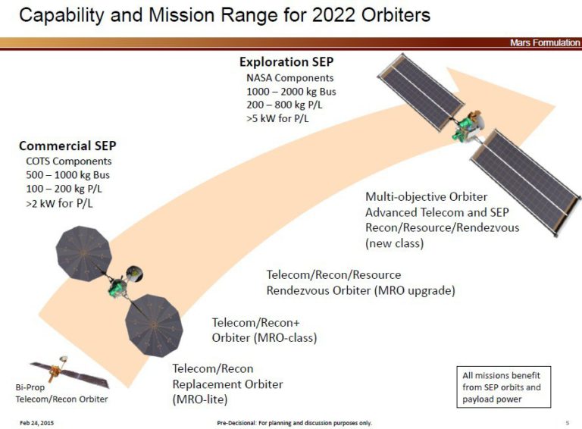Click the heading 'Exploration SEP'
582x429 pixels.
coord(286,61)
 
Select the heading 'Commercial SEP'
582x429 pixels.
coord(67,146)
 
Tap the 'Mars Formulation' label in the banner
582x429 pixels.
coord(545,42)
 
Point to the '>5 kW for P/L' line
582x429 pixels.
coord(277,118)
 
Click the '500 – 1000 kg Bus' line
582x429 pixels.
coord(68,175)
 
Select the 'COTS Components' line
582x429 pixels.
coord(69,161)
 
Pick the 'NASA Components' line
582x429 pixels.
coord(290,78)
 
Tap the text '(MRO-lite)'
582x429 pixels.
coord(200,399)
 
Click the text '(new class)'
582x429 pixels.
coord(395,243)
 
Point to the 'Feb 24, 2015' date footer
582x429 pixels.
coord(36,423)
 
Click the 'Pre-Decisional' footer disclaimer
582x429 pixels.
coord(294,423)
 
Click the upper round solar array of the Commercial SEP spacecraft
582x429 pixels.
coord(84,253)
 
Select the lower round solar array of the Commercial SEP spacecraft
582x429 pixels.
coord(154,325)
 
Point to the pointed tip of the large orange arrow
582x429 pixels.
coord(555,106)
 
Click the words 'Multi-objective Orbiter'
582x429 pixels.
coord(427,196)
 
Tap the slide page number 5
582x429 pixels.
coord(567,423)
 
